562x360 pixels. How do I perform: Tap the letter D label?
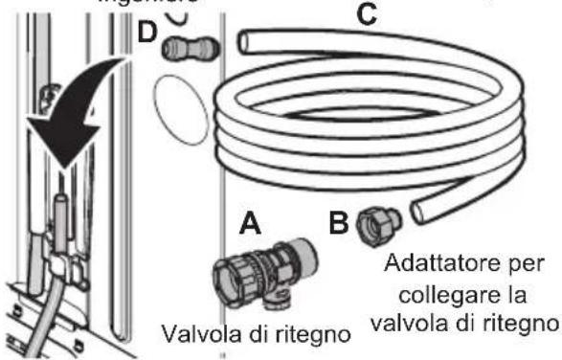point(147,33)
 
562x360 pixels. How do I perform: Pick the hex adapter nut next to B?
point(371,227)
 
